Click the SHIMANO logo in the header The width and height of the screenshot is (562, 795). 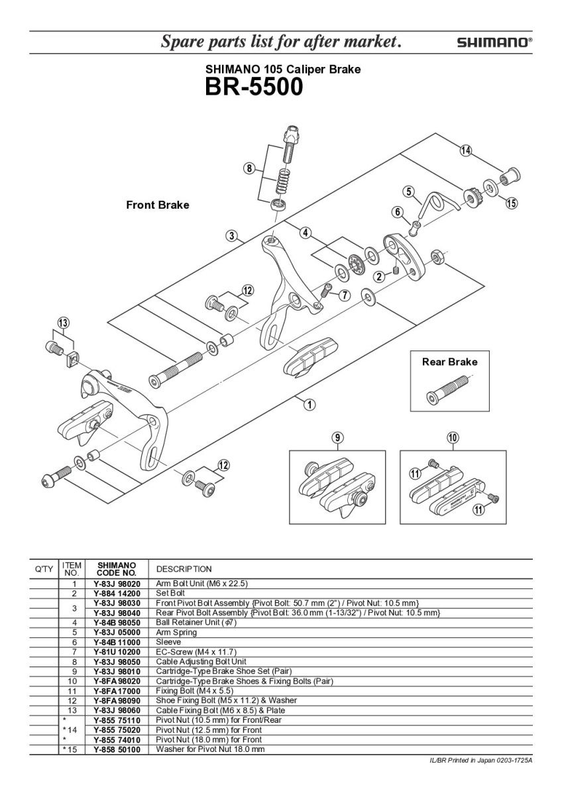[494, 42]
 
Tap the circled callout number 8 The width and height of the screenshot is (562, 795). [249, 169]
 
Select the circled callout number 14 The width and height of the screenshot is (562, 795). [466, 151]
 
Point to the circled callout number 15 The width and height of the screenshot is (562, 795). [511, 203]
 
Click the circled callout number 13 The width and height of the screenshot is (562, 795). [63, 323]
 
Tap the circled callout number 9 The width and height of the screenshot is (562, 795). [337, 437]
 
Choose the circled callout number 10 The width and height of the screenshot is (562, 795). [453, 437]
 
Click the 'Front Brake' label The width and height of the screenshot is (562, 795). [157, 205]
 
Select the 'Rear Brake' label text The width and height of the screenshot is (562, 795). [449, 362]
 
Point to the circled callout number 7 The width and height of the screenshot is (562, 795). [345, 295]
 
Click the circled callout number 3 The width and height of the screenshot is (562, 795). [231, 235]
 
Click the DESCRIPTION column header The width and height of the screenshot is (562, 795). [184, 569]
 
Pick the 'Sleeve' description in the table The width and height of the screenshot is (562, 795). [168, 641]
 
